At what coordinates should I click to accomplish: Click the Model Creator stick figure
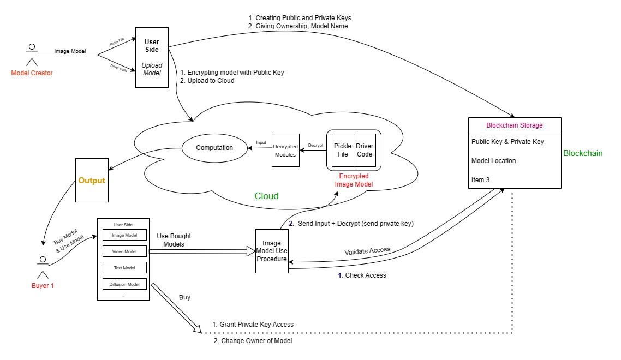(x=31, y=55)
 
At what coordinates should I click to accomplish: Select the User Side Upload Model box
(x=152, y=57)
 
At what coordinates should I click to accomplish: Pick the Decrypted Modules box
(x=285, y=151)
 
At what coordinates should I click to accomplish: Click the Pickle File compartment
(x=343, y=150)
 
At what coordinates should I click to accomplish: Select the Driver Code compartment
(x=364, y=150)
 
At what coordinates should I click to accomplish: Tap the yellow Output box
(x=92, y=180)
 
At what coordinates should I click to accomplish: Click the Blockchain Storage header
(x=515, y=125)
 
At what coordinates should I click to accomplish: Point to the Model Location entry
(x=493, y=161)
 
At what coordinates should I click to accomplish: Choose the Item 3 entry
(x=481, y=179)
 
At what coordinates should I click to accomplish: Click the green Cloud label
(x=266, y=196)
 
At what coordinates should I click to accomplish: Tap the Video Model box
(x=125, y=251)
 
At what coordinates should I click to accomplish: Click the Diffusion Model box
(x=125, y=284)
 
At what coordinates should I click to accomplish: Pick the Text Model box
(x=125, y=268)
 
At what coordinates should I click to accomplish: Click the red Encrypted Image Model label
(x=354, y=180)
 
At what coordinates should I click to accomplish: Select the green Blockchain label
(x=583, y=153)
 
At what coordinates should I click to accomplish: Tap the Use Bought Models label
(x=174, y=240)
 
